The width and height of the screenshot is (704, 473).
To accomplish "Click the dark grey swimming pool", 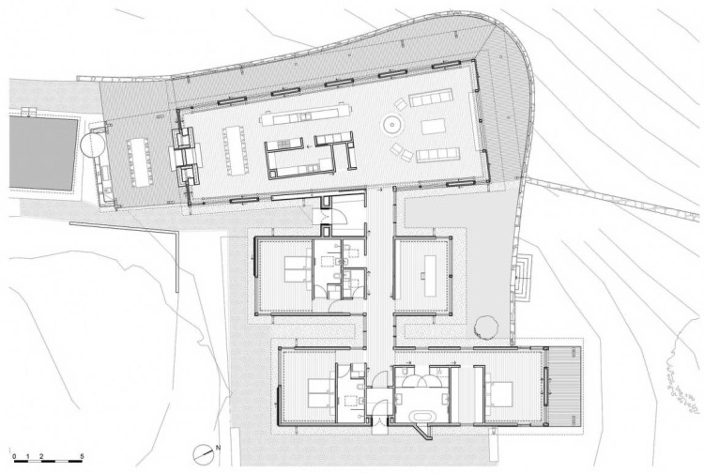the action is pos(43,154).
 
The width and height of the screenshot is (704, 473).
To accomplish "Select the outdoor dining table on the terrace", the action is pos(140,162).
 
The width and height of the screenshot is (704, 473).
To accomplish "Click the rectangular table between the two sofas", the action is pos(434,126).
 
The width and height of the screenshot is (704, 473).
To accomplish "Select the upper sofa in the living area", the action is pos(430,99).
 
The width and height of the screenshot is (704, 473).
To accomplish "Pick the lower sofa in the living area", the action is pos(437,155).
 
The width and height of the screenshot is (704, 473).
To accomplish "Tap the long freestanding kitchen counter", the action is pos(305,115).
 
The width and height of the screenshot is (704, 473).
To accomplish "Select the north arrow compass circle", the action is pos(203,454).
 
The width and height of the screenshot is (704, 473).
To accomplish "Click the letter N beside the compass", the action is pos(218,448).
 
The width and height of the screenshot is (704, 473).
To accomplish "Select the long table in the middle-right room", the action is pos(430,276).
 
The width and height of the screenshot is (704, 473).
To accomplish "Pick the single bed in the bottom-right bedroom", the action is pos(499,393).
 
